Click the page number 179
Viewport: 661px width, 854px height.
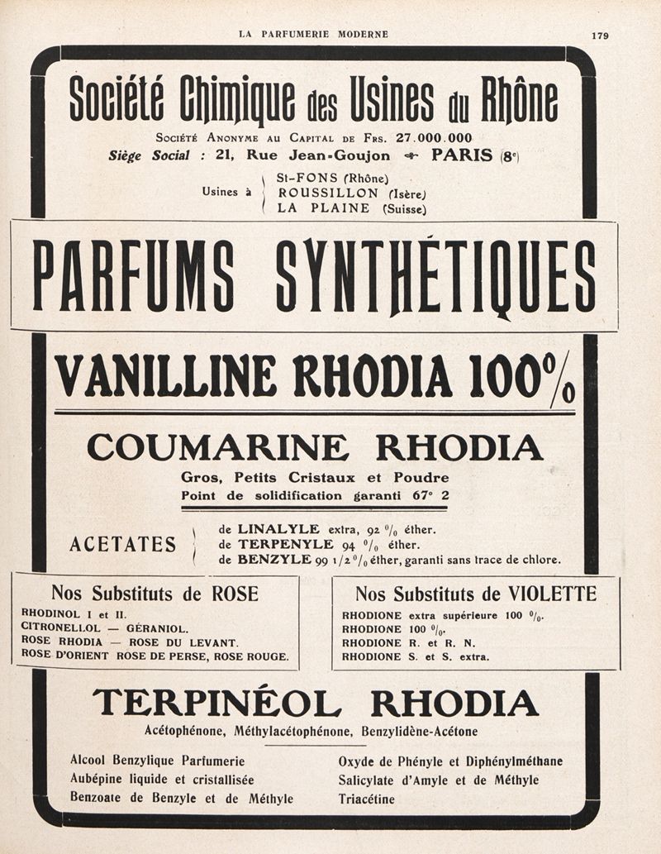(x=600, y=35)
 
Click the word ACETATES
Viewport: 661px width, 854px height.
(x=123, y=544)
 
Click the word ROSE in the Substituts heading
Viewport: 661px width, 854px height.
(x=235, y=593)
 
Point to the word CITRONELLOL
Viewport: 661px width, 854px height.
(x=60, y=627)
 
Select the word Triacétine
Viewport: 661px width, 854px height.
(x=366, y=799)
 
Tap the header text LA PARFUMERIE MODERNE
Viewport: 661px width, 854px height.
(x=313, y=34)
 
